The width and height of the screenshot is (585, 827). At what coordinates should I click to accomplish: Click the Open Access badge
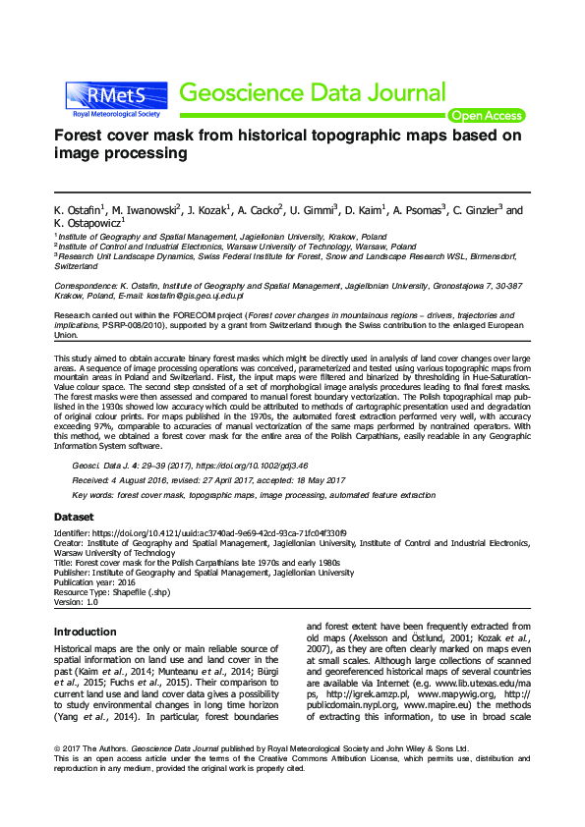tap(486, 116)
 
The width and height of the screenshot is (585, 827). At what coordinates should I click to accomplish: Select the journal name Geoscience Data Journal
tap(314, 93)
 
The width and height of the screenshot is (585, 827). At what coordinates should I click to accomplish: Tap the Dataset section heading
tap(74, 517)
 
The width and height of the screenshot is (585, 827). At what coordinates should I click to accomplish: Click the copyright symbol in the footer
tap(57, 749)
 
